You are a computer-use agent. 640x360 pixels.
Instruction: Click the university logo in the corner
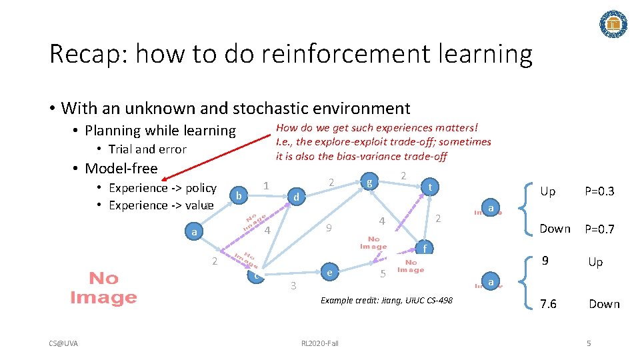point(614,24)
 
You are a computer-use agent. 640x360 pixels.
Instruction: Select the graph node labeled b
point(238,195)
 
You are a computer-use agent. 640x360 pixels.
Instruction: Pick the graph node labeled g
point(369,181)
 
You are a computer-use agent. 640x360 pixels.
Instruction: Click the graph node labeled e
point(329,273)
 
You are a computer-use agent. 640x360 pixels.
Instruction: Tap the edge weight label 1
point(265,185)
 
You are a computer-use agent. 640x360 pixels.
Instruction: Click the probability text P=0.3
point(599,192)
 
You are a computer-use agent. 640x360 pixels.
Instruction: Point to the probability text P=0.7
point(599,229)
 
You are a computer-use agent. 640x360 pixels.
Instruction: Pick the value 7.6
point(549,304)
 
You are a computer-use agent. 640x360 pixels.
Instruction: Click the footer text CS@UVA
point(63,343)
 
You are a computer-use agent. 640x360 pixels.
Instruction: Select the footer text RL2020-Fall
point(320,343)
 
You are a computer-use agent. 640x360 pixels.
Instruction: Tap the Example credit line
point(386,301)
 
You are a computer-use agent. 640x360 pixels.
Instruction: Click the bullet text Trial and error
point(147,149)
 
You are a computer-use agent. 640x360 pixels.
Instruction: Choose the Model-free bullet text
point(121,168)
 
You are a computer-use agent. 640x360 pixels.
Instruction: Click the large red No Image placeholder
point(103,287)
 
